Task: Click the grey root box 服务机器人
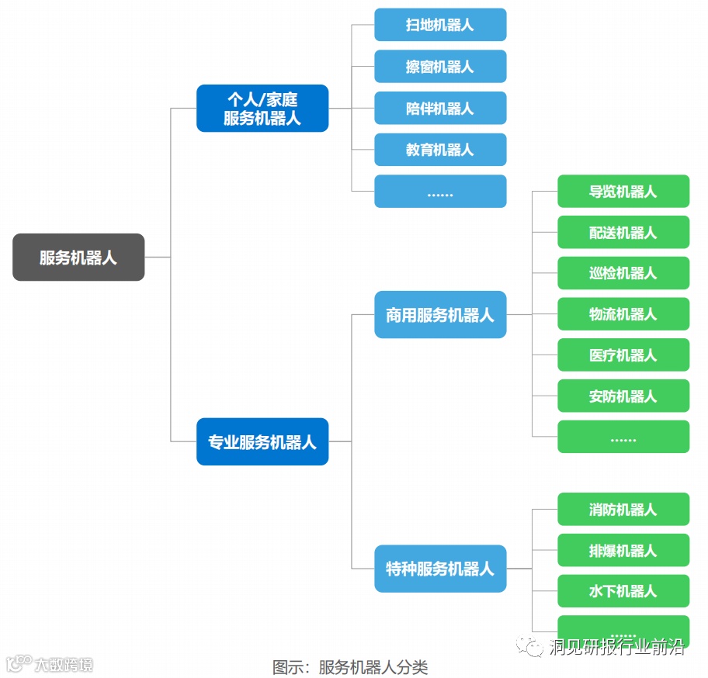click(78, 257)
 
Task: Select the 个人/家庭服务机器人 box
click(262, 109)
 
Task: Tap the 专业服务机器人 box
click(262, 442)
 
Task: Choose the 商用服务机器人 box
click(440, 315)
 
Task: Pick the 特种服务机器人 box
click(440, 569)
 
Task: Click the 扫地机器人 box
click(440, 25)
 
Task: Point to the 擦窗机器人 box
click(440, 67)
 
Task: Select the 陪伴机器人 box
click(440, 108)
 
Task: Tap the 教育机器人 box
click(440, 150)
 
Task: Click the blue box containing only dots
click(440, 192)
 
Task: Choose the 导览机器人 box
click(623, 192)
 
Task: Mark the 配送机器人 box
click(623, 232)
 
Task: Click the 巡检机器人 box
click(623, 273)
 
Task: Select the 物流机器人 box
click(623, 314)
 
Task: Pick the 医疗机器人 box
click(623, 355)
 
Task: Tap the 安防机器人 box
click(623, 396)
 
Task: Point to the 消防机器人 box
click(623, 510)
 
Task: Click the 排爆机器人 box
click(623, 551)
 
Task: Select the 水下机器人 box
click(623, 591)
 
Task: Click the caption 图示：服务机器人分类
click(350, 667)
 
